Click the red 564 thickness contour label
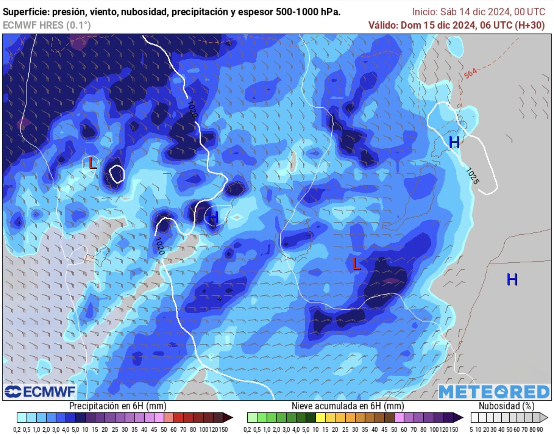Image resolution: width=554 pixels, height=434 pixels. (470, 73)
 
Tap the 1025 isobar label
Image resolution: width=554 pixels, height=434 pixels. (473, 176)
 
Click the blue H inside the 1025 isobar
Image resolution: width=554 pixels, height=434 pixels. (454, 142)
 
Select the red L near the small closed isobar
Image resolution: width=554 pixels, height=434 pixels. (93, 164)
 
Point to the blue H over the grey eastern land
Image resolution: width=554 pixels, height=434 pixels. (512, 279)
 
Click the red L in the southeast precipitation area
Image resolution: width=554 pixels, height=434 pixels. (357, 264)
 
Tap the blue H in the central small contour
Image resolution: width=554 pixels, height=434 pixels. (213, 217)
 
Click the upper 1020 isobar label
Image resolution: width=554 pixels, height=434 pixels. (192, 109)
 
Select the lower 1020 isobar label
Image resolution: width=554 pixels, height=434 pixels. (159, 246)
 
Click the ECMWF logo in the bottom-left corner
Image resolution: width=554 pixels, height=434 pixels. (40, 392)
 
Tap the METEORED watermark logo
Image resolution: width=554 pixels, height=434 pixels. (494, 392)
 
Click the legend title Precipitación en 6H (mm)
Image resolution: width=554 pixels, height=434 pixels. (118, 406)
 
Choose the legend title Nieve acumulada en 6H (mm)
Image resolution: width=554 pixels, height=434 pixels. (347, 406)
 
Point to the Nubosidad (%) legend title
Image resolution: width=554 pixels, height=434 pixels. (506, 406)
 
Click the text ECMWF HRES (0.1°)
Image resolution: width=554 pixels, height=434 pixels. (47, 25)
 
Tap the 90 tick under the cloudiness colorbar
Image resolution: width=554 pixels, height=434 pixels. (539, 429)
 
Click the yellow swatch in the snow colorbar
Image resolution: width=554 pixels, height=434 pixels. (321, 418)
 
